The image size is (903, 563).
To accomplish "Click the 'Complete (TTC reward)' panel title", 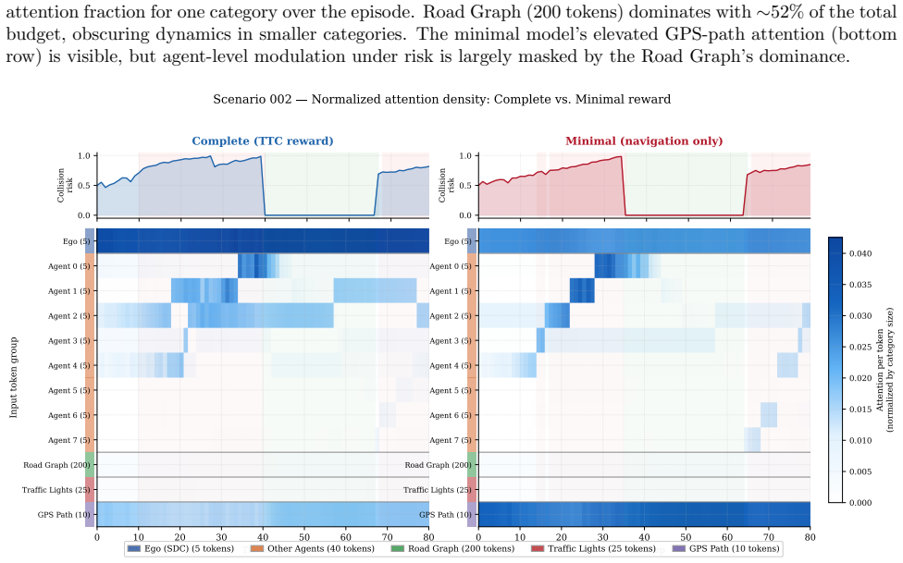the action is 263,141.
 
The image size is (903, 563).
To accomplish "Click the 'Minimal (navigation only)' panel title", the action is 644,141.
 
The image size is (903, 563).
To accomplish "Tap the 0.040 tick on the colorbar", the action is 860,254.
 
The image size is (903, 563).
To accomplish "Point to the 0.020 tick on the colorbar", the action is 860,378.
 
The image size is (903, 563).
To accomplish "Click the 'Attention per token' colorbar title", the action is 879,370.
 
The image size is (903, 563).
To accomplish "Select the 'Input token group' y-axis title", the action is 13,377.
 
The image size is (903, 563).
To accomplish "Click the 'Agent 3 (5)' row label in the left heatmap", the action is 69,341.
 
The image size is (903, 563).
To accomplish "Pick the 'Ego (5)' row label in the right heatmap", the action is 458,241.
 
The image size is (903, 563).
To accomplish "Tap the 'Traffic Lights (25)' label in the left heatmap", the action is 56,490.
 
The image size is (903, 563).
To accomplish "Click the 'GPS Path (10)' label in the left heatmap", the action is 64,515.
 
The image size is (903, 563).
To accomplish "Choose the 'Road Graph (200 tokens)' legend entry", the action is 452,548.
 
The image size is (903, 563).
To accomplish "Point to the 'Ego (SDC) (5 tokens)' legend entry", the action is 180,548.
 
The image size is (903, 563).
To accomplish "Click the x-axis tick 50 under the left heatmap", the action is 304,538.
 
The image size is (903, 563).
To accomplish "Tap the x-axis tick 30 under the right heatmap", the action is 603,538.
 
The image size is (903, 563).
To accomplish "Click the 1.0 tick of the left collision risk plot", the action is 84,156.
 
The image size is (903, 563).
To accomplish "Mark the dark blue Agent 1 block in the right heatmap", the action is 582,290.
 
